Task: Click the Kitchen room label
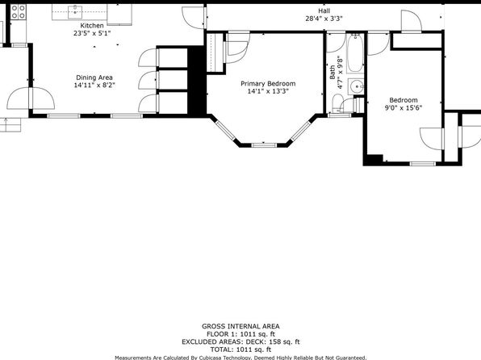click(92, 26)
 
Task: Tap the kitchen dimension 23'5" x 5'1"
click(92, 33)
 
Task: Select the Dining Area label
click(94, 77)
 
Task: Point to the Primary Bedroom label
click(268, 83)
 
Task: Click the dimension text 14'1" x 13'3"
click(268, 91)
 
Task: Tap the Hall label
click(324, 11)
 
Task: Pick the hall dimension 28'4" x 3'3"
click(324, 19)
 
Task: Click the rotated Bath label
click(333, 72)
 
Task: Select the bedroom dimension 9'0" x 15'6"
click(404, 107)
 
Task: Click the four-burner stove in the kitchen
click(19, 12)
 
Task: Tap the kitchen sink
click(75, 12)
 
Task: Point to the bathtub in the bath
click(356, 53)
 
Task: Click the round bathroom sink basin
click(357, 86)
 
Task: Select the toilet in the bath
click(337, 103)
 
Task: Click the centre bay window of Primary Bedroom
click(264, 144)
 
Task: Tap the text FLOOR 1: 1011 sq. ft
click(240, 334)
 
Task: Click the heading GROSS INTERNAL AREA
click(240, 327)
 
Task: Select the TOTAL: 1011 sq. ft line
click(240, 350)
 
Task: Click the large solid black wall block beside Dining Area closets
click(196, 81)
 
